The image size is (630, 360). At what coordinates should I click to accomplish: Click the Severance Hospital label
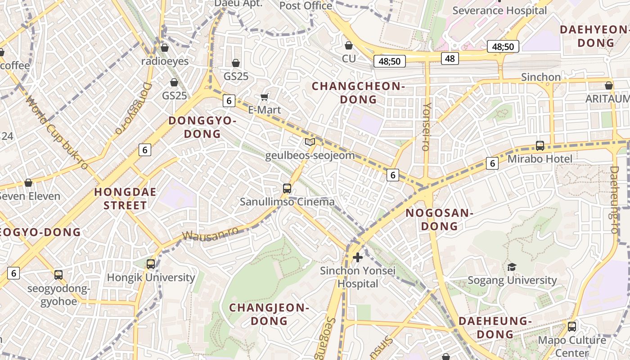coord(500,10)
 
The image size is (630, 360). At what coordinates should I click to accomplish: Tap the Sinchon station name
coord(541,77)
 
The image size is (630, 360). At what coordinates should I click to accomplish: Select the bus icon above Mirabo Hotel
coord(540,146)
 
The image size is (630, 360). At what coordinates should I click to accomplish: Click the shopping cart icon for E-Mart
coord(265,97)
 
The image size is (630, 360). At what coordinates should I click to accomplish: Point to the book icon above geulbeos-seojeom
coord(310,142)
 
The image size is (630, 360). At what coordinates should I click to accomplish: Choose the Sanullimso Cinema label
coord(287,202)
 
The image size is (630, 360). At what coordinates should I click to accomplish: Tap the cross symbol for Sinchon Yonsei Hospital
coord(358,257)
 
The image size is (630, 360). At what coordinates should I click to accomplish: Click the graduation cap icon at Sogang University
coord(512,267)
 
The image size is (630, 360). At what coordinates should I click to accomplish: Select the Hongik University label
coord(151,277)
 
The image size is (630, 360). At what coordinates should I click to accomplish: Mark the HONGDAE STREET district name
coord(125,199)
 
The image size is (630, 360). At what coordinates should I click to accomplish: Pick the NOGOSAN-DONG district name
coord(439,219)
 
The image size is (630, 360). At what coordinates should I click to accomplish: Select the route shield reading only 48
coord(450,58)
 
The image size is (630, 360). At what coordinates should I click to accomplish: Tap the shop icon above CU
coord(349,45)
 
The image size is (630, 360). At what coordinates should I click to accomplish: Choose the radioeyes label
coord(165,61)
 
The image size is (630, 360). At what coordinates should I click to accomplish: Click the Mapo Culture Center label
coord(571,346)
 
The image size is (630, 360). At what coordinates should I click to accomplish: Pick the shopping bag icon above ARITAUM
coord(609,85)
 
